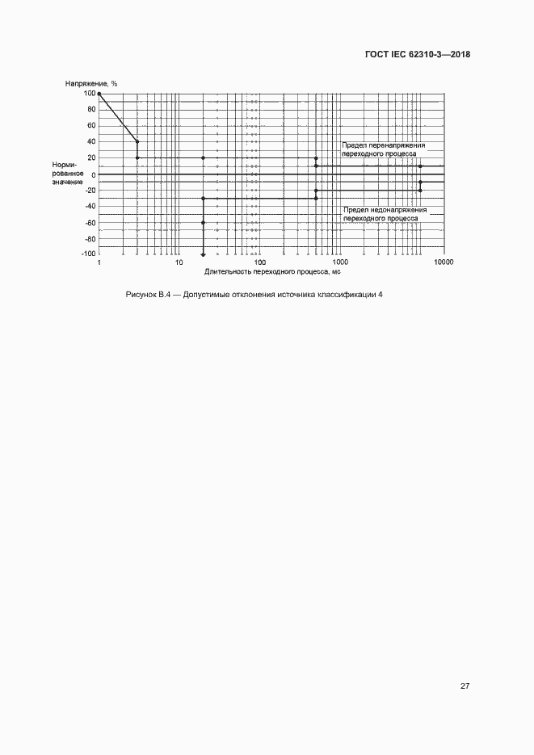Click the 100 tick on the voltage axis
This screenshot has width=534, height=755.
(89, 94)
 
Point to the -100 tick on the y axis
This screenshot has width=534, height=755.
(88, 254)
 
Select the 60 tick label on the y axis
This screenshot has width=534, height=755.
(90, 126)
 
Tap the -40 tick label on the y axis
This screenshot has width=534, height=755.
(89, 206)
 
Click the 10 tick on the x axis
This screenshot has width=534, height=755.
(179, 263)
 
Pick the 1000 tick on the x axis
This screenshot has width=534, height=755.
(340, 263)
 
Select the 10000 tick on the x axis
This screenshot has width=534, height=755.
(443, 263)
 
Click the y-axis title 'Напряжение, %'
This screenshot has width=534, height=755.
(92, 83)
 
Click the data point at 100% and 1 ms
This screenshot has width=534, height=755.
(99, 94)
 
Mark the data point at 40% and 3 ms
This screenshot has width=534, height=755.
(137, 142)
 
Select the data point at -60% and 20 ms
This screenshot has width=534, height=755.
(203, 222)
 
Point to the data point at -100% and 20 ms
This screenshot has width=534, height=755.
(203, 253)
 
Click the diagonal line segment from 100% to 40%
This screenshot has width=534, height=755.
(118, 118)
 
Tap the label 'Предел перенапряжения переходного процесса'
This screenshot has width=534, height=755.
(383, 149)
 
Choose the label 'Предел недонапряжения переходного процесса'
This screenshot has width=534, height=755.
(384, 213)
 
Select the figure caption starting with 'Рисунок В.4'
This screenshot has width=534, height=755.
(254, 295)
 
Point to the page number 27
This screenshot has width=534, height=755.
(465, 686)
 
